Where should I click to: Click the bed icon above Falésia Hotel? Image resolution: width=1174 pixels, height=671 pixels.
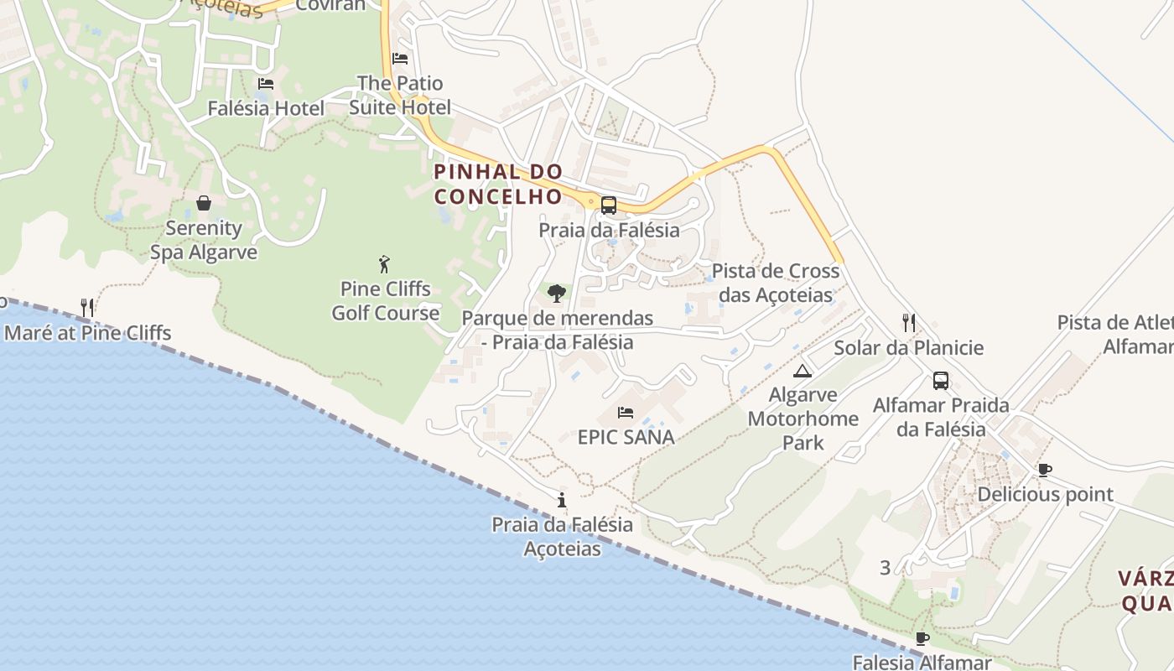[x=266, y=84]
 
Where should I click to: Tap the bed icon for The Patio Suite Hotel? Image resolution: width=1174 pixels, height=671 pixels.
[x=400, y=59]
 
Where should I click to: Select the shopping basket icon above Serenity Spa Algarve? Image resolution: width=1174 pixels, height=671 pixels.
[x=204, y=203]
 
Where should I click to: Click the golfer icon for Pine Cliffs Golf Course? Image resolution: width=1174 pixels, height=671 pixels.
[x=385, y=264]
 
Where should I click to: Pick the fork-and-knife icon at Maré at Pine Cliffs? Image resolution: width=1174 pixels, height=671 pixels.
[x=86, y=307]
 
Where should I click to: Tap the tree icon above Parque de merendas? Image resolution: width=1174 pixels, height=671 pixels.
[x=556, y=293]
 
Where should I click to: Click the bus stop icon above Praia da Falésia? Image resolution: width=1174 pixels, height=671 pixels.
[x=609, y=205]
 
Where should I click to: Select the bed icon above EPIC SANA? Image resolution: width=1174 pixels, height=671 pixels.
[x=626, y=412]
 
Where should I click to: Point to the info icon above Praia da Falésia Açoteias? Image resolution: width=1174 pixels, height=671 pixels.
[x=562, y=501]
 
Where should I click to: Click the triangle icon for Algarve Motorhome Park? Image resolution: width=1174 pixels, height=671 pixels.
[x=803, y=371]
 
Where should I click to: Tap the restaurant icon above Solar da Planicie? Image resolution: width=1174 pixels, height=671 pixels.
[x=908, y=322]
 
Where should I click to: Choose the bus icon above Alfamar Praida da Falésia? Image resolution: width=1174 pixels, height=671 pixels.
[x=941, y=381]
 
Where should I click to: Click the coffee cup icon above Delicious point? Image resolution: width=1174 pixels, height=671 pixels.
[x=1044, y=470]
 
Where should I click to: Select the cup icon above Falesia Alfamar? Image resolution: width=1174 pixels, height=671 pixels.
[x=922, y=639]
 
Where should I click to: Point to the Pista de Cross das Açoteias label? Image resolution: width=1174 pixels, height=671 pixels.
[x=776, y=283]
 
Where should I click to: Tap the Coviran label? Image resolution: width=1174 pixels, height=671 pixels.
[x=331, y=5]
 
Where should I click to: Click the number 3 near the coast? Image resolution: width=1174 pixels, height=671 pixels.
[x=886, y=568]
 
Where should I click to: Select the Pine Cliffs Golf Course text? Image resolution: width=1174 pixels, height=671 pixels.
[x=386, y=301]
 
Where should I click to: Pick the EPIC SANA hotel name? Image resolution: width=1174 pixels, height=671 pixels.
[x=626, y=437]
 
